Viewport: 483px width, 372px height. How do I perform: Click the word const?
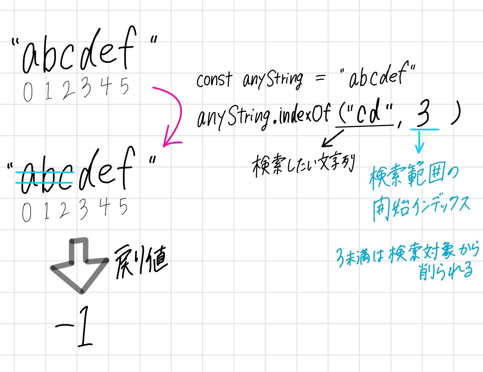point(214,80)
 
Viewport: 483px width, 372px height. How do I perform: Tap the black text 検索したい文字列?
point(303,165)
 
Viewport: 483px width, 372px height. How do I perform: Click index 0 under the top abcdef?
point(28,91)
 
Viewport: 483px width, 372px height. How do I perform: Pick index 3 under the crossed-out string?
point(83,209)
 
